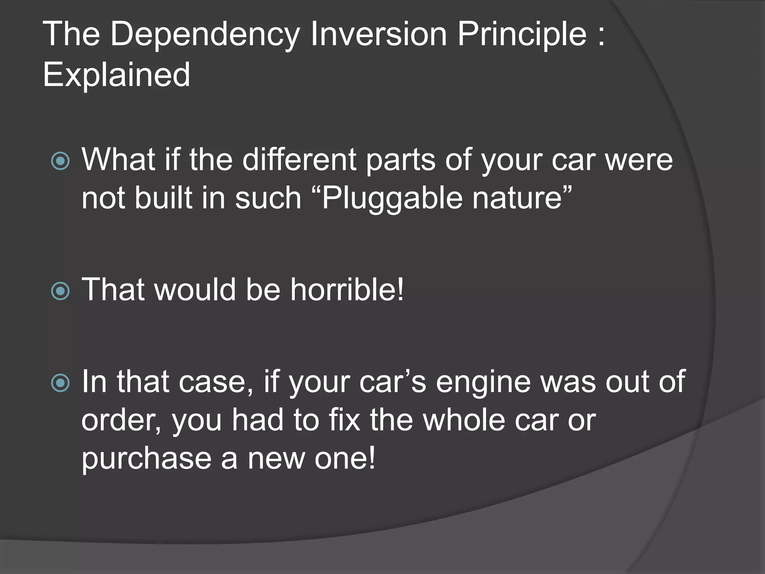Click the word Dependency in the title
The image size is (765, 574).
[205, 35]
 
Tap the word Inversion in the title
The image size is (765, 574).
[378, 35]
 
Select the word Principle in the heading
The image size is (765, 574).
[522, 35]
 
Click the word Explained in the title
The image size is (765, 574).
[117, 75]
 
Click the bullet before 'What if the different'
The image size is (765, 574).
[60, 161]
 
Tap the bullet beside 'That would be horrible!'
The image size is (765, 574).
[60, 291]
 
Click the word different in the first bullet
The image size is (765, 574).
[299, 160]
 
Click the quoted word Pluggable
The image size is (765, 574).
[387, 198]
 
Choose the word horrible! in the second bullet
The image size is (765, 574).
[347, 290]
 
